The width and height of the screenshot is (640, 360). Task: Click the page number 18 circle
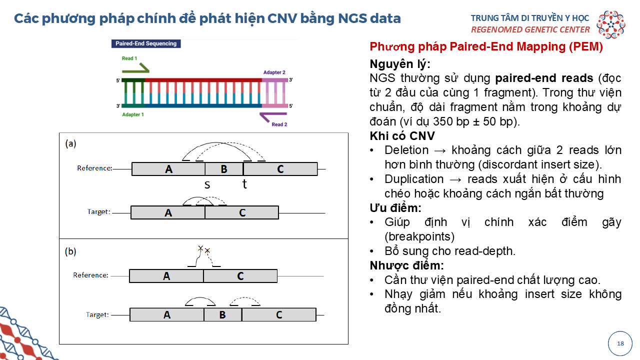620,343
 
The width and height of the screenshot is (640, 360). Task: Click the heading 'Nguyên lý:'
400,64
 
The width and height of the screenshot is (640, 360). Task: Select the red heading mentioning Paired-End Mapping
486,47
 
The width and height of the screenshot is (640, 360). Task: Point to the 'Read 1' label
129,58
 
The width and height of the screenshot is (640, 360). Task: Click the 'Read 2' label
279,124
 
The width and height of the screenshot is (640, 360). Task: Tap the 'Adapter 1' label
133,114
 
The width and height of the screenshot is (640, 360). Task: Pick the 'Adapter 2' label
274,72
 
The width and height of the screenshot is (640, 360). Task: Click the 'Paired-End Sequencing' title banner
146,43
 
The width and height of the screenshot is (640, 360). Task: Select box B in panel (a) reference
224,169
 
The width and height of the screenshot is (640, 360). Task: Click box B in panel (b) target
222,314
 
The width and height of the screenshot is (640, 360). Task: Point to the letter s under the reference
207,184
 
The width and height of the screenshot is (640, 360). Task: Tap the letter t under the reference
244,184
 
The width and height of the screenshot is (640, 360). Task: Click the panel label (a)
70,143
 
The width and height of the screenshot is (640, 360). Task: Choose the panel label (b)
70,251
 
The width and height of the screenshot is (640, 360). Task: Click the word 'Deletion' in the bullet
406,150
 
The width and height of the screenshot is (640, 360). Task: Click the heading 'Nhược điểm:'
406,265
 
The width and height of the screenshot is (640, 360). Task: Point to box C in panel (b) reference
240,276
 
